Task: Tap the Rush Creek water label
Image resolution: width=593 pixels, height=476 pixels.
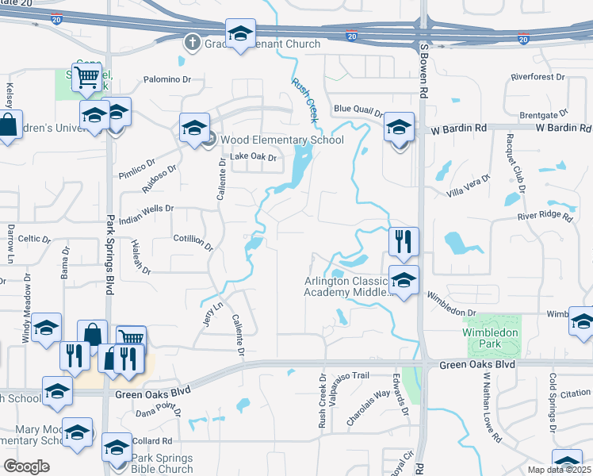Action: [x=305, y=99]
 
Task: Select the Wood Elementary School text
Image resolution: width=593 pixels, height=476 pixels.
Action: [x=281, y=140]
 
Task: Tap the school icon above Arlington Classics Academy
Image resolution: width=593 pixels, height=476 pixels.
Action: [x=404, y=280]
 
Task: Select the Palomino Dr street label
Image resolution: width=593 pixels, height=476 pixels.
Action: [x=168, y=79]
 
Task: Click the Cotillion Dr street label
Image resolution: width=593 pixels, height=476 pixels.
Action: [x=193, y=242]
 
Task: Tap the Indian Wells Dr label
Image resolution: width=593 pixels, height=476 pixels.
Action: [x=147, y=208]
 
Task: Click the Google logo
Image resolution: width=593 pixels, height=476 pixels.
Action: [x=26, y=466]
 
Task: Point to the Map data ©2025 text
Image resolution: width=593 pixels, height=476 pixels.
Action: [x=560, y=470]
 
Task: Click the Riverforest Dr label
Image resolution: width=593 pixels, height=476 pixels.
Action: [x=538, y=78]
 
